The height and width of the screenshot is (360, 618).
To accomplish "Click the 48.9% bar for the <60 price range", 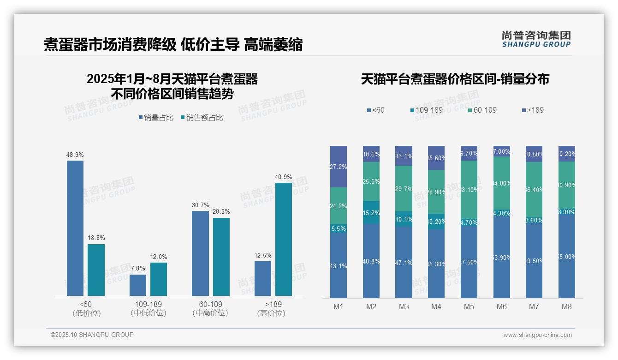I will [x=75, y=228].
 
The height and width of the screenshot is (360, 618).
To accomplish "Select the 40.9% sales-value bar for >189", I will [x=284, y=239].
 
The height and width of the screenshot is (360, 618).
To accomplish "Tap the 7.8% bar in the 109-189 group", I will [x=138, y=285].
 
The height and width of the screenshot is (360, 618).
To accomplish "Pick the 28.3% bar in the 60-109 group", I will [x=221, y=257].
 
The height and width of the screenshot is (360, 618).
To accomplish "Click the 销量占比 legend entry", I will [x=156, y=118].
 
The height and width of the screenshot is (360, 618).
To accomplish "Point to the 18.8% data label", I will [x=96, y=238].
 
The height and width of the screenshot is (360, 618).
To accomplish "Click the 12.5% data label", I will [x=263, y=255].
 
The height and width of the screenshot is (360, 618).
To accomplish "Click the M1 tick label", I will [x=339, y=306].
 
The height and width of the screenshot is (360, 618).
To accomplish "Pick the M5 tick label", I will [x=469, y=306].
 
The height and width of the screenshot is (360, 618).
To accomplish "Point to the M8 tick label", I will [x=567, y=306].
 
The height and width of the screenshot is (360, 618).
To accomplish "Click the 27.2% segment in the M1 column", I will [x=339, y=167].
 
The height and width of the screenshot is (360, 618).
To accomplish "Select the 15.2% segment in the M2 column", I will [x=371, y=212].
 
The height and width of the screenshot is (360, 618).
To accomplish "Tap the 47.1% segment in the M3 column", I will [x=404, y=262].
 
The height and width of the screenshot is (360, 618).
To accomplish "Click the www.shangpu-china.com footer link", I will [x=537, y=335].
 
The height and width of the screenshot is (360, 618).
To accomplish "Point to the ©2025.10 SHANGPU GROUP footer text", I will [x=92, y=335].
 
